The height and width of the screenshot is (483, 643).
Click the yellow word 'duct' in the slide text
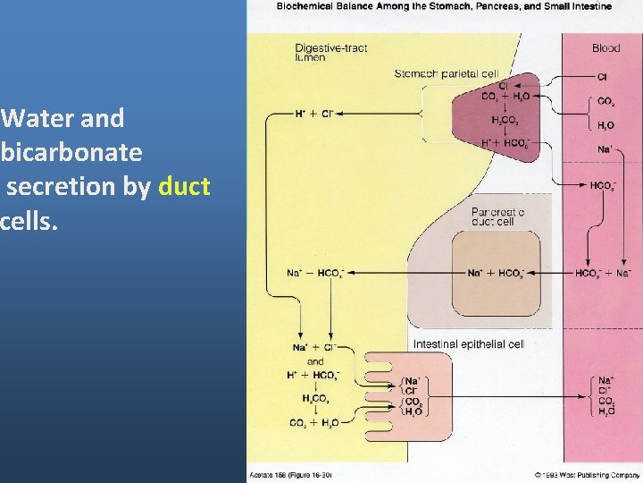pyautogui.click(x=184, y=186)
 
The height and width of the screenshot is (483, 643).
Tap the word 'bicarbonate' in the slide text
pyautogui.click(x=71, y=152)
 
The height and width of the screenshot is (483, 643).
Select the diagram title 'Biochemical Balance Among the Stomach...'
pyautogui.click(x=444, y=6)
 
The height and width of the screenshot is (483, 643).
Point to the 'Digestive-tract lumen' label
pyautogui.click(x=330, y=52)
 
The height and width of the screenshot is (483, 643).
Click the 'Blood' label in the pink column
pyautogui.click(x=605, y=48)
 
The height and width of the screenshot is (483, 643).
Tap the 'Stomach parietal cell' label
pyautogui.click(x=447, y=73)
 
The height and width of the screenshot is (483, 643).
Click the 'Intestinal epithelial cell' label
pyautogui.click(x=468, y=343)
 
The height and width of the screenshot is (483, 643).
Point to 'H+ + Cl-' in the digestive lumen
pyautogui.click(x=313, y=114)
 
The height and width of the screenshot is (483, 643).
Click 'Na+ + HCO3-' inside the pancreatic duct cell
pyautogui.click(x=496, y=273)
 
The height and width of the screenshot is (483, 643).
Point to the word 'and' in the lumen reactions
pyautogui.click(x=315, y=361)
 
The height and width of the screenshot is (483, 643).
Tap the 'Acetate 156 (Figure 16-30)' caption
pyautogui.click(x=290, y=474)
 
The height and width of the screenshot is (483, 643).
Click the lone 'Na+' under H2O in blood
pyautogui.click(x=605, y=149)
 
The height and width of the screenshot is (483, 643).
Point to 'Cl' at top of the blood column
pyautogui.click(x=603, y=77)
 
